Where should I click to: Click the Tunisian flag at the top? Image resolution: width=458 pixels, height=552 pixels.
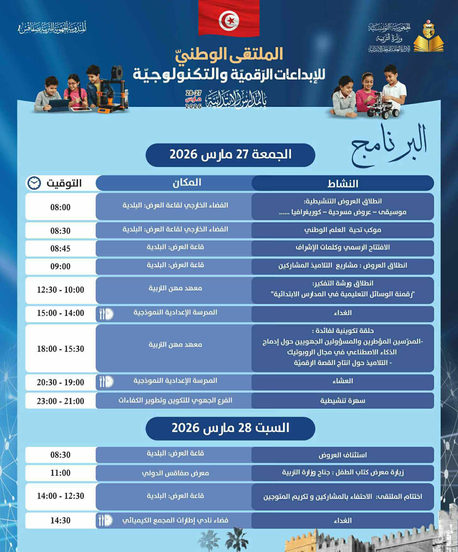(x=229, y=18)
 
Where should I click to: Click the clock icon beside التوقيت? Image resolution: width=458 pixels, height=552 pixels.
(x=34, y=183)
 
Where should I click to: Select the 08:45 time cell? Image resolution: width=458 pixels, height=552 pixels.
(x=60, y=249)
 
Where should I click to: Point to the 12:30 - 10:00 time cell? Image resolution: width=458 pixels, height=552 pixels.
(x=60, y=290)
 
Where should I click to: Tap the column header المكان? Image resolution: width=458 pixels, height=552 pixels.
(x=187, y=183)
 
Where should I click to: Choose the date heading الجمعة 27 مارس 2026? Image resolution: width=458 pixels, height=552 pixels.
(x=230, y=155)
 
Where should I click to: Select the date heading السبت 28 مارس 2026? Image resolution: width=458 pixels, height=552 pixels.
(x=230, y=428)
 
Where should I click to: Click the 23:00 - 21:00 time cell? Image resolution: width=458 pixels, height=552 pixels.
(x=60, y=401)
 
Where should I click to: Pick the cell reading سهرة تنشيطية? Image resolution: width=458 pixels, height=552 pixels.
(x=343, y=401)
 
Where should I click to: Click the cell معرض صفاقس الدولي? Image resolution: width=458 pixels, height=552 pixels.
(x=175, y=473)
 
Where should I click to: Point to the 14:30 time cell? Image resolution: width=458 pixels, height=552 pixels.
(x=60, y=521)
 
